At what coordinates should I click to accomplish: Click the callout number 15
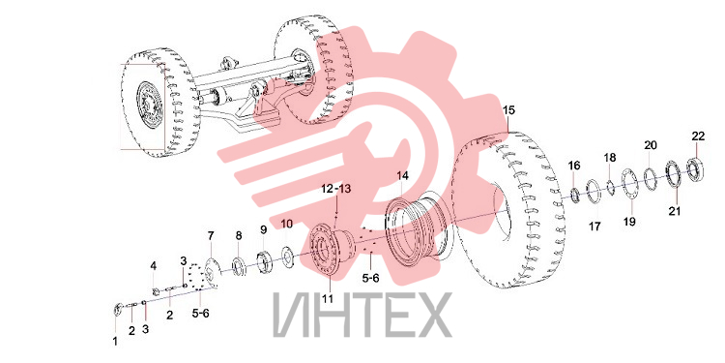(x=508, y=110)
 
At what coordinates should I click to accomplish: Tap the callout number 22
(x=698, y=136)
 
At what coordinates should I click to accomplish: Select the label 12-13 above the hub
(x=336, y=189)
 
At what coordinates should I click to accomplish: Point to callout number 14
(x=403, y=176)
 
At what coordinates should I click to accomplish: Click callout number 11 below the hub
(x=328, y=299)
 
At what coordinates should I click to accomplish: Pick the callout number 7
(x=211, y=235)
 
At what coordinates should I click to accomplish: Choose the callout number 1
(x=115, y=342)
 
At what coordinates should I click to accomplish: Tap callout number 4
(x=153, y=266)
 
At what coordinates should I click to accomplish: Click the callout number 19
(x=629, y=222)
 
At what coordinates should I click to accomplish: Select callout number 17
(x=594, y=227)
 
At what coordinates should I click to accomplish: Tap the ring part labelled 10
(x=288, y=257)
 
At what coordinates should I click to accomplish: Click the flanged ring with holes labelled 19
(x=629, y=185)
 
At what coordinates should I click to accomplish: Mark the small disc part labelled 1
(x=118, y=309)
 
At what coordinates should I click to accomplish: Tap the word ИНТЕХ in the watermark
(x=362, y=314)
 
